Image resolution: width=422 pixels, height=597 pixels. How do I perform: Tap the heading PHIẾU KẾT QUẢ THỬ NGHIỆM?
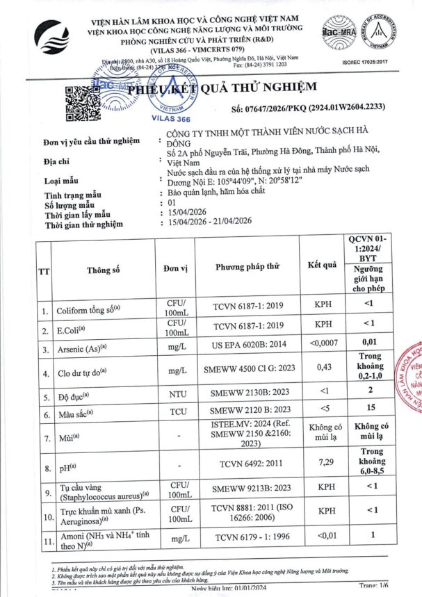[222, 88]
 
